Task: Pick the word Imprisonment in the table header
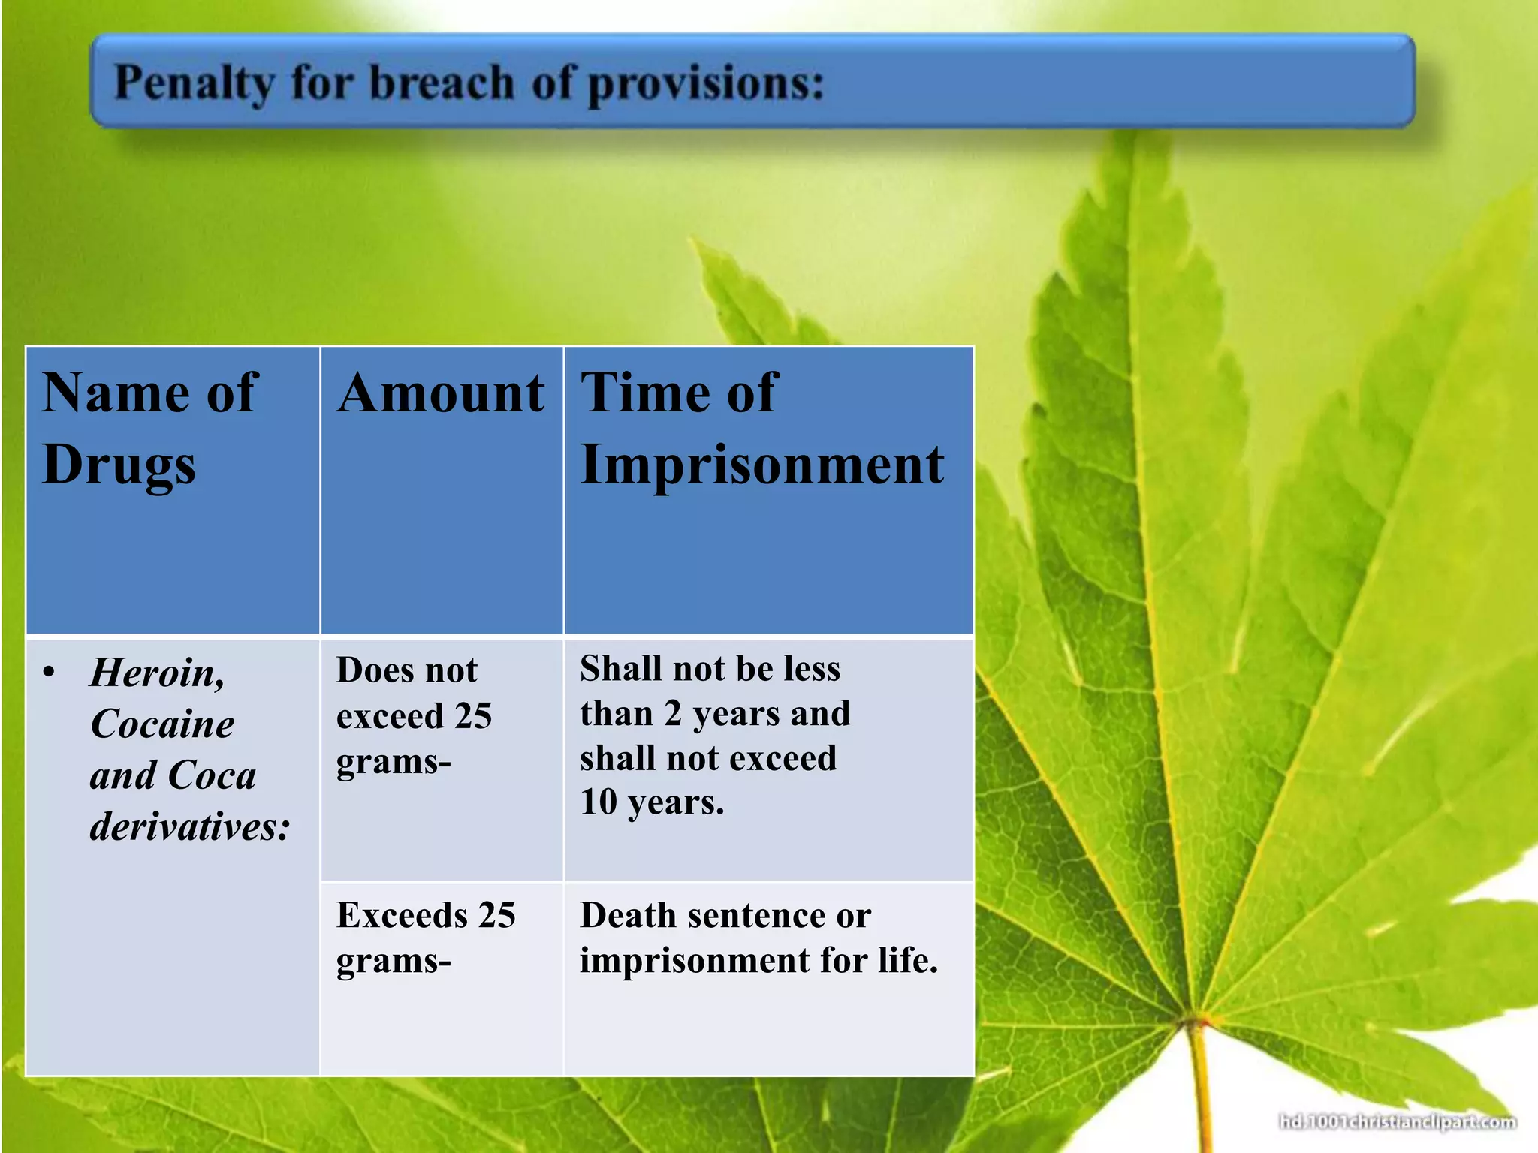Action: tap(761, 465)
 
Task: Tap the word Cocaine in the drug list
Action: tap(162, 724)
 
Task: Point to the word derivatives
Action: tap(189, 826)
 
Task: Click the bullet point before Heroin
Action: tap(50, 672)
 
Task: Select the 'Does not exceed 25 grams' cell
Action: tap(414, 715)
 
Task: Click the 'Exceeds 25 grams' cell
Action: tap(425, 937)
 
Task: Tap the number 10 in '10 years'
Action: tap(598, 802)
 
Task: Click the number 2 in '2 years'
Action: tap(672, 713)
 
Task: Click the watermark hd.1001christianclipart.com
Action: tap(1397, 1122)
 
